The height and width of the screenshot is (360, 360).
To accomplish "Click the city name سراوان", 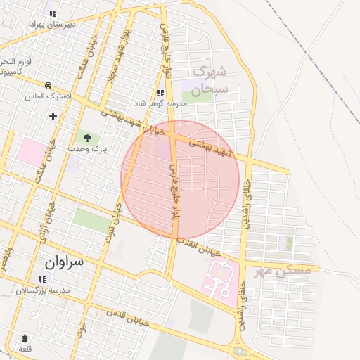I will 64,262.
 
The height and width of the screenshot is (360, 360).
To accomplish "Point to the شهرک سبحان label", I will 211,80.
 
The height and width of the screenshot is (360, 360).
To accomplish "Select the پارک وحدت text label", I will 87,150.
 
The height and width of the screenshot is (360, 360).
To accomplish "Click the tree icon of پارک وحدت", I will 87,138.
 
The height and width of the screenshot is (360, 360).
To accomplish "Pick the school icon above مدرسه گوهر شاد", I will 160,93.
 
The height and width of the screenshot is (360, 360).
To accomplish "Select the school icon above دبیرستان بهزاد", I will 52,13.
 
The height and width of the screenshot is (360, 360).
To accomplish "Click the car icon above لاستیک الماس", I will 47,85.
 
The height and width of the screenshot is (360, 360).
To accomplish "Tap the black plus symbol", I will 53,115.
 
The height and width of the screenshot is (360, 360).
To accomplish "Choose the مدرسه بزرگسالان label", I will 44,290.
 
